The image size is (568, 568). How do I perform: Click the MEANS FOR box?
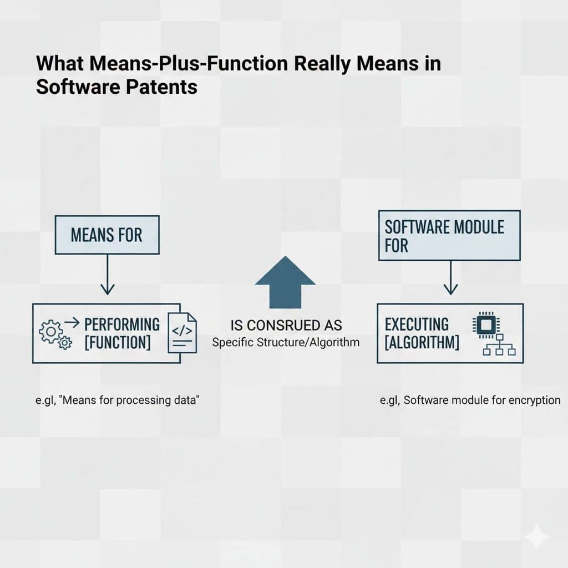pyautogui.click(x=106, y=235)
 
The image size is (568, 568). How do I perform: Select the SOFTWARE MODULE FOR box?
pyautogui.click(x=449, y=235)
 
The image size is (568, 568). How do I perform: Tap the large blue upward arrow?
pyautogui.click(x=285, y=282)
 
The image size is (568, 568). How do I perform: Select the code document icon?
pyautogui.click(x=182, y=333)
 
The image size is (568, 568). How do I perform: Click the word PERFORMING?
pyautogui.click(x=121, y=324)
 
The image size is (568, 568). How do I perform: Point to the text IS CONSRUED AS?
pyautogui.click(x=285, y=324)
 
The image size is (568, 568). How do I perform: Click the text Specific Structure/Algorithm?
pyautogui.click(x=286, y=342)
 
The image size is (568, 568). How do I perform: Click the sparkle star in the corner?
pyautogui.click(x=536, y=536)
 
